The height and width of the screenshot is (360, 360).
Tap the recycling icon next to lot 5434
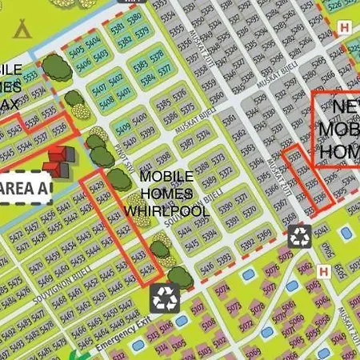pos(166,298)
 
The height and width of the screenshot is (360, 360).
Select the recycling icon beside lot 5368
pos(300,235)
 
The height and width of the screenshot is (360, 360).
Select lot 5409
pos(122,130)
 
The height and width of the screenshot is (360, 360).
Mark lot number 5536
pos(58,128)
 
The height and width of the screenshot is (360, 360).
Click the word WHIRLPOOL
pos(166,210)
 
